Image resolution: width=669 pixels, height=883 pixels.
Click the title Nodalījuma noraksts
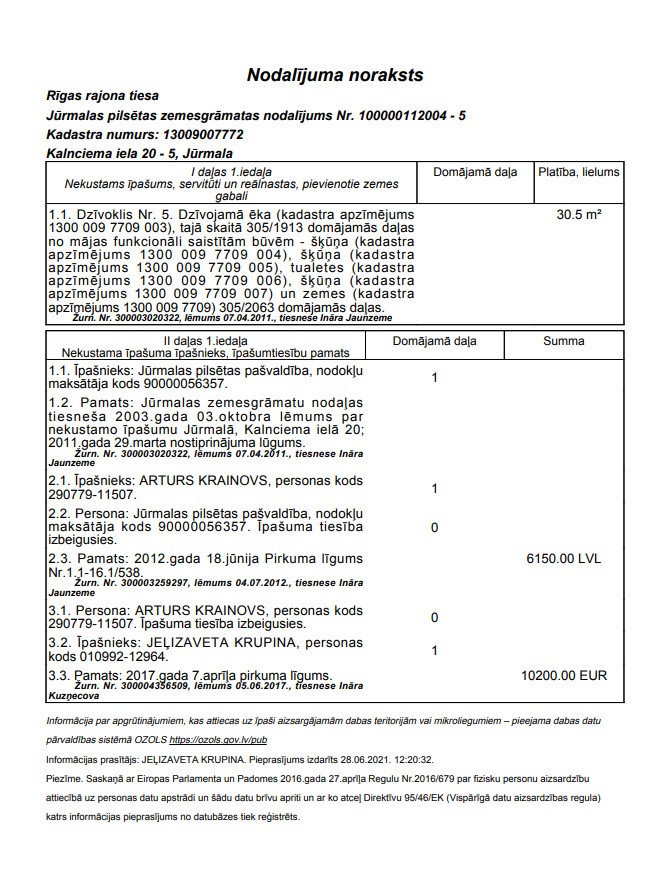point(335,75)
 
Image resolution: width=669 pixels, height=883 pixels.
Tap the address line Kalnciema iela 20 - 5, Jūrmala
point(139,154)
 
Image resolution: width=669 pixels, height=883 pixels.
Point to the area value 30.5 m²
point(579,214)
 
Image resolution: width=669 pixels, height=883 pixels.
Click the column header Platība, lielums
point(579,172)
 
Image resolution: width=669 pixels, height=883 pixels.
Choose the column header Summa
point(564,341)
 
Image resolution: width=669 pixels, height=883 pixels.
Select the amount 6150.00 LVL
point(566,558)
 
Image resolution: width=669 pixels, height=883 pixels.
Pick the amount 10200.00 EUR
point(564,676)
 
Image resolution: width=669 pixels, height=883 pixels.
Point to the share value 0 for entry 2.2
point(434,528)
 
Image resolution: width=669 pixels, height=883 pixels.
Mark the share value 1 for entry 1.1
point(434,379)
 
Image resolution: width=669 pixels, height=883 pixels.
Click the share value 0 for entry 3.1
point(434,618)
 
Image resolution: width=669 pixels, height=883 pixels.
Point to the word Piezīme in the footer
point(65,779)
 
